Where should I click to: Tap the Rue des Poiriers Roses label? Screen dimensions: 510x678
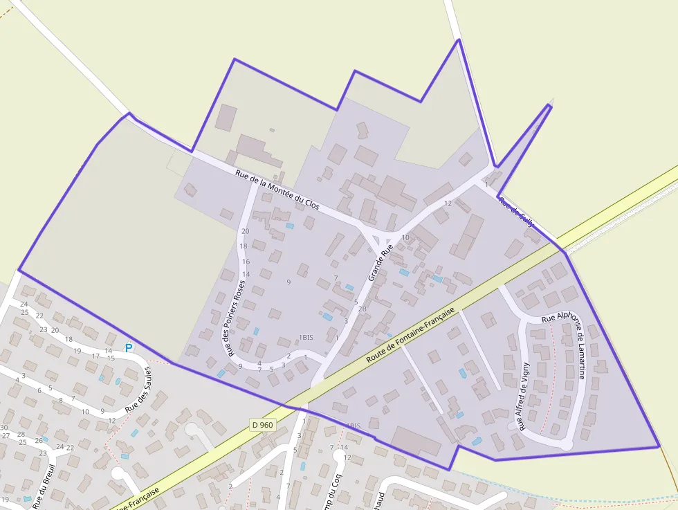pyautogui.click(x=232, y=313)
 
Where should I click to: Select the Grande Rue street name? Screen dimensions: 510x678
pyautogui.click(x=381, y=261)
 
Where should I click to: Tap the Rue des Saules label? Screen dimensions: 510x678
pyautogui.click(x=138, y=391)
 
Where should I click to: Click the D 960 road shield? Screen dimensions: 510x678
pyautogui.click(x=263, y=425)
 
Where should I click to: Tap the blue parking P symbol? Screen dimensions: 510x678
pyautogui.click(x=129, y=347)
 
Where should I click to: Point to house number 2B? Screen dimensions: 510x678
pyautogui.click(x=362, y=309)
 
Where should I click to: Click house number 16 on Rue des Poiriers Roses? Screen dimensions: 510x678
pyautogui.click(x=246, y=262)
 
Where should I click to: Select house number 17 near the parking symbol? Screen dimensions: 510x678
pyautogui.click(x=95, y=356)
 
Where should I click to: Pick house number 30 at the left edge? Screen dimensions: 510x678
pyautogui.click(x=4, y=428)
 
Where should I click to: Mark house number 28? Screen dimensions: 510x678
pyautogui.click(x=21, y=434)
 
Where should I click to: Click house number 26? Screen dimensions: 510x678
pyautogui.click(x=39, y=440)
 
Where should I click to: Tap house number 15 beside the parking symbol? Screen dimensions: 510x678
pyautogui.click(x=111, y=358)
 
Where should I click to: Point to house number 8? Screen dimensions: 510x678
pyautogui.click(x=61, y=400)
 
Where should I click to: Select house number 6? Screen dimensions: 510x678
pyautogui.click(x=39, y=390)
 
